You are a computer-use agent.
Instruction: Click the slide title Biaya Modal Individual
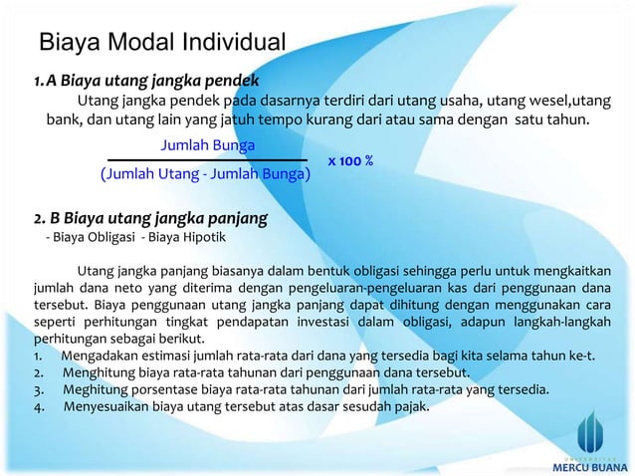tap(161, 43)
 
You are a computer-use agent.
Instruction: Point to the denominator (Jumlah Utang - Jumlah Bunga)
tap(205, 175)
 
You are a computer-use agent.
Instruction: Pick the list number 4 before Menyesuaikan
tap(36, 405)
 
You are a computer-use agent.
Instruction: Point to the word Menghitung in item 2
tap(104, 370)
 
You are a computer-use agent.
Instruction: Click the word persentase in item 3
tap(166, 388)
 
